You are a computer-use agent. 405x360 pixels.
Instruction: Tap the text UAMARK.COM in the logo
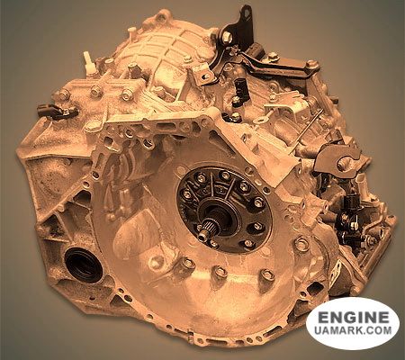(x=353, y=330)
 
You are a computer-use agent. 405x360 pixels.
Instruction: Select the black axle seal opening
(x=84, y=265)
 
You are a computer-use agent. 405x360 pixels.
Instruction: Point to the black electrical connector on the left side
(x=58, y=111)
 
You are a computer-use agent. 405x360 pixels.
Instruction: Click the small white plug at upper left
(x=87, y=63)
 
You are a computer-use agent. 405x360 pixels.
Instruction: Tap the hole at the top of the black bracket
(x=247, y=13)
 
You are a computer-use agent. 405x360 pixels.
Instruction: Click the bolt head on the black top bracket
(x=227, y=37)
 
